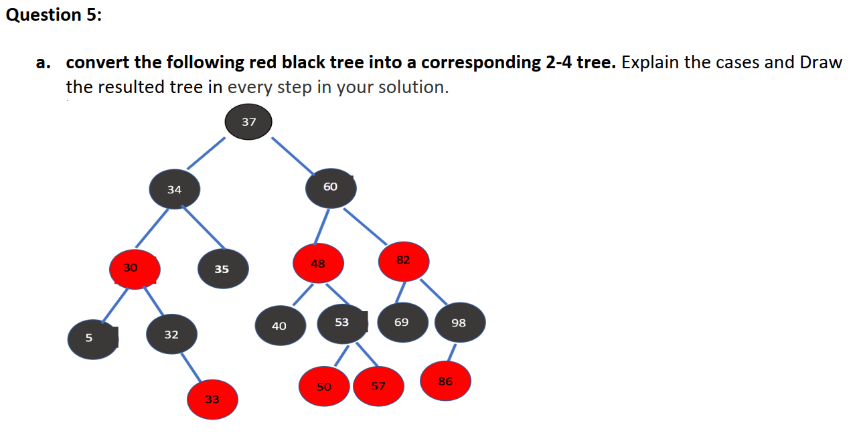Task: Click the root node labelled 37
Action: pyautogui.click(x=248, y=122)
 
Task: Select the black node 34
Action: pyautogui.click(x=175, y=189)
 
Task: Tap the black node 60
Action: pyautogui.click(x=331, y=188)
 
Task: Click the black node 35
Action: pyautogui.click(x=222, y=269)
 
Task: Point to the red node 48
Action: pyautogui.click(x=318, y=264)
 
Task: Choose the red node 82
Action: pyautogui.click(x=403, y=261)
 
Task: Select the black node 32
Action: pyautogui.click(x=172, y=335)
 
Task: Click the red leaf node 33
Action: pyautogui.click(x=212, y=400)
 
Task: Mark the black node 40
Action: pyautogui.click(x=280, y=326)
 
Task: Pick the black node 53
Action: pyautogui.click(x=342, y=323)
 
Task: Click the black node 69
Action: pyautogui.click(x=402, y=323)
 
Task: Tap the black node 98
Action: pyautogui.click(x=459, y=323)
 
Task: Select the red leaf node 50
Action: pyautogui.click(x=324, y=387)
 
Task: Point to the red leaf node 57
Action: pyautogui.click(x=378, y=386)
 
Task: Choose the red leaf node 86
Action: pyautogui.click(x=445, y=381)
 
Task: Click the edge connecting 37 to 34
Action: pyautogui.click(x=206, y=153)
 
